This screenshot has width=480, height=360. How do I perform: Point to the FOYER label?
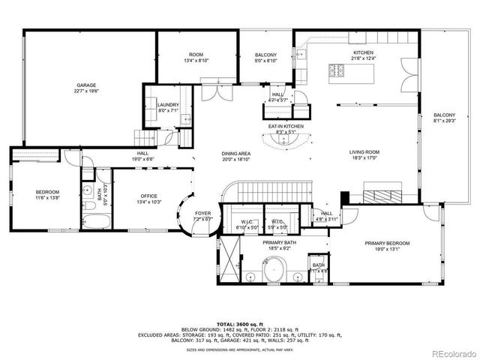coord(203,213)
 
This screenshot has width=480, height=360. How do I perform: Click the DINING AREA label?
coord(236,153)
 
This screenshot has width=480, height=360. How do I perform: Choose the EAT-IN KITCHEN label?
coord(286,126)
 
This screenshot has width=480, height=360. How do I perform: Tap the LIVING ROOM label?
coord(364,152)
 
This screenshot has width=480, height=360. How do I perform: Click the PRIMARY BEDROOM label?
coord(387,243)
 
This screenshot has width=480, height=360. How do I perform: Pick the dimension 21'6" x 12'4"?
coord(364,58)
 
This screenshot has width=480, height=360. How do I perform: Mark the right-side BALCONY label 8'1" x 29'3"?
coord(444,118)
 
